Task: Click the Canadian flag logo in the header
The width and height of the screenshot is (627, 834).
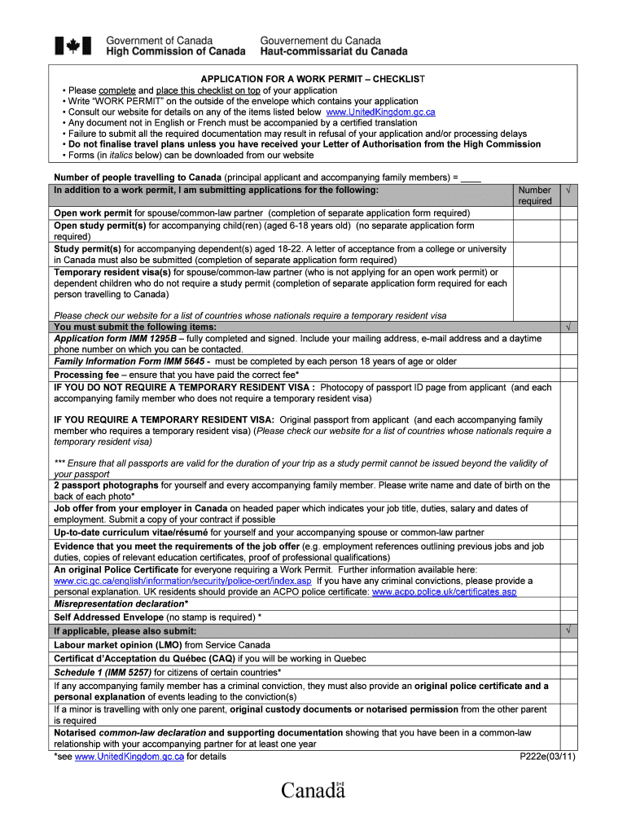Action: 73,46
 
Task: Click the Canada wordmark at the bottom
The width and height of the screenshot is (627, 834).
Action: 313,790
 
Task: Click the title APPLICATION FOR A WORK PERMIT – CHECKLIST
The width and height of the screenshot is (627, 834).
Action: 313,79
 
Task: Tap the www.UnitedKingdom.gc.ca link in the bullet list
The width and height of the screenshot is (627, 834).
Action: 380,112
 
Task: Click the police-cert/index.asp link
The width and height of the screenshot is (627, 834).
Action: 182,582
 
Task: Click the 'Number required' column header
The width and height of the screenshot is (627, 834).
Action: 535,195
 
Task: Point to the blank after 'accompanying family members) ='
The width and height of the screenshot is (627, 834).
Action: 471,178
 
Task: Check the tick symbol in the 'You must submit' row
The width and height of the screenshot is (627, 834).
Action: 568,327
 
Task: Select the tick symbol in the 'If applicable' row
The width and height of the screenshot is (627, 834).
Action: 568,631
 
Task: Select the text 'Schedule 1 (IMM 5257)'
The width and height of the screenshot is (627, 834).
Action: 103,672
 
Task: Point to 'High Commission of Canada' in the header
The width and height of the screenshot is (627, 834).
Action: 176,51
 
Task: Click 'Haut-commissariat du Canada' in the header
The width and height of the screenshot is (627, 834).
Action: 334,51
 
